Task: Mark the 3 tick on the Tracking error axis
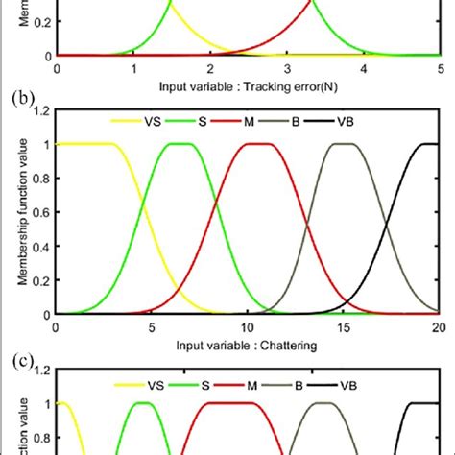tap(287, 69)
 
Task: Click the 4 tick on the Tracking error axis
tap(364, 69)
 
